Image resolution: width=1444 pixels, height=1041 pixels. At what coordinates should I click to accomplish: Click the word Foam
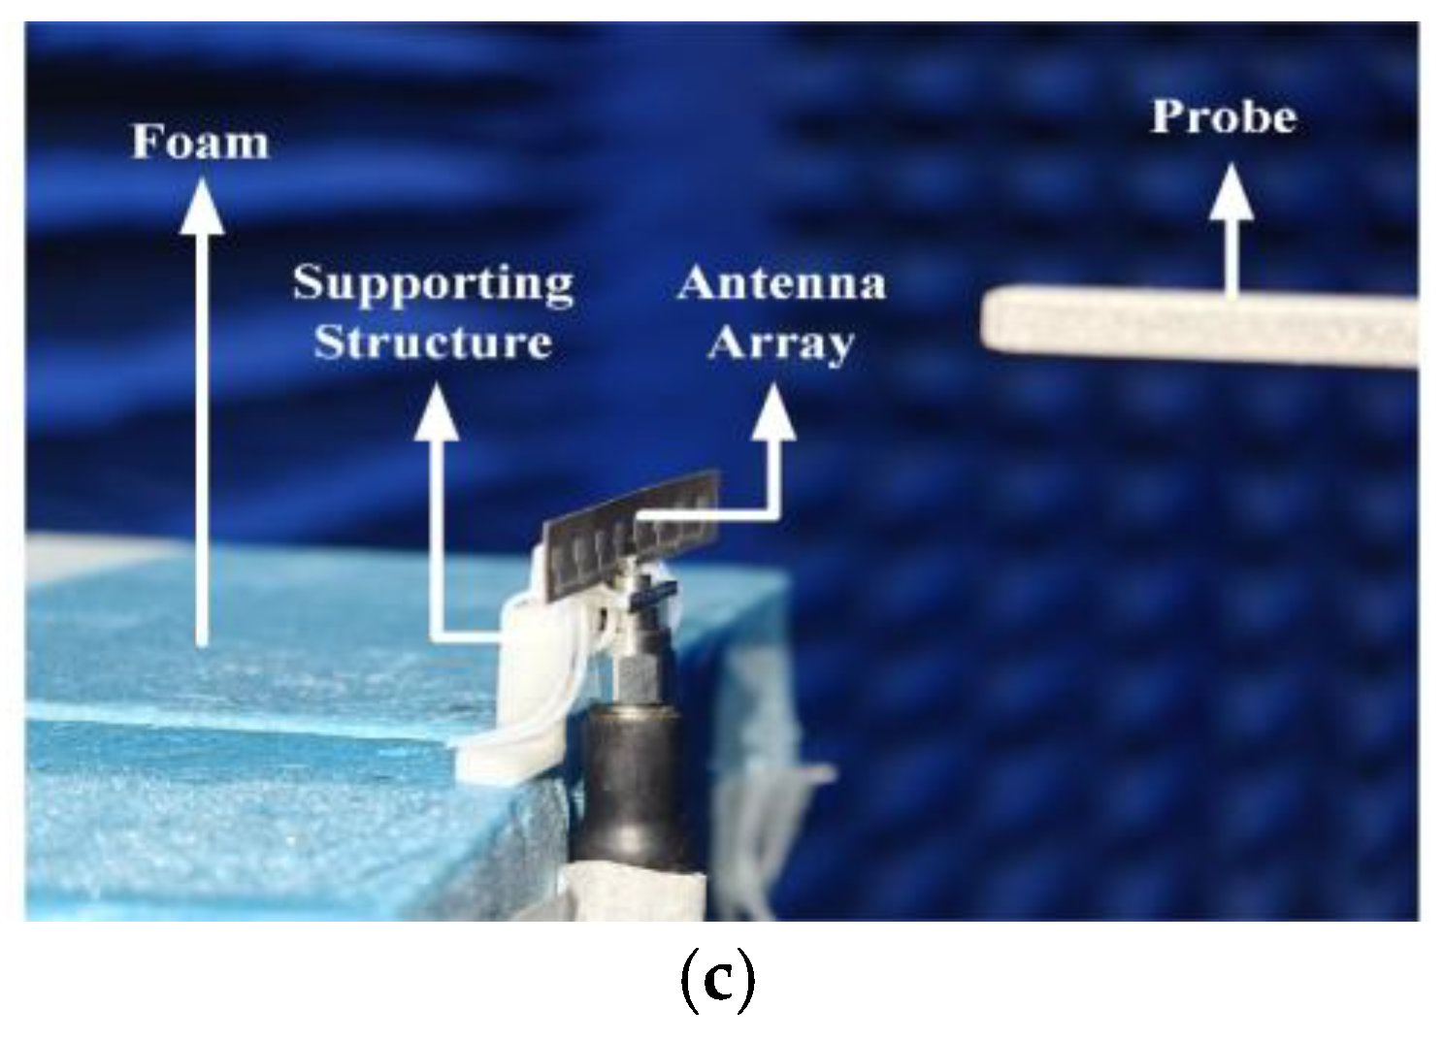(x=200, y=142)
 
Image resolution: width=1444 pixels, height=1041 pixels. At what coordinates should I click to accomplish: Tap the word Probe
(x=1223, y=117)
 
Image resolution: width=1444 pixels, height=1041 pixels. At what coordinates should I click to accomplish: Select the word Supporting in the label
(x=433, y=284)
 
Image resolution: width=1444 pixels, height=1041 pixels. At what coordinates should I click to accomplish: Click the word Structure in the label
(x=433, y=342)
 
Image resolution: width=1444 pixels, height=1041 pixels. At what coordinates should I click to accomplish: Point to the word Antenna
(x=781, y=283)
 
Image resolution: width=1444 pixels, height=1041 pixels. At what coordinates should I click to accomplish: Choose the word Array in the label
(x=781, y=343)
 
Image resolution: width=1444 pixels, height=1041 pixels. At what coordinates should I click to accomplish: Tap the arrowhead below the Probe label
(x=1231, y=191)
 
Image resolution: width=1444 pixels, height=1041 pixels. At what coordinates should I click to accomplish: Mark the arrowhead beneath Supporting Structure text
(x=438, y=412)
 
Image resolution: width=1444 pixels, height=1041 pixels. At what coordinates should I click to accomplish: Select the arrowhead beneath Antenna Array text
(x=774, y=412)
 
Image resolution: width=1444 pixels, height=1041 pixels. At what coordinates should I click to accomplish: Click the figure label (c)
(x=716, y=982)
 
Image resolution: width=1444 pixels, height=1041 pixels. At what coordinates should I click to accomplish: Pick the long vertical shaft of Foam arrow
(x=202, y=437)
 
